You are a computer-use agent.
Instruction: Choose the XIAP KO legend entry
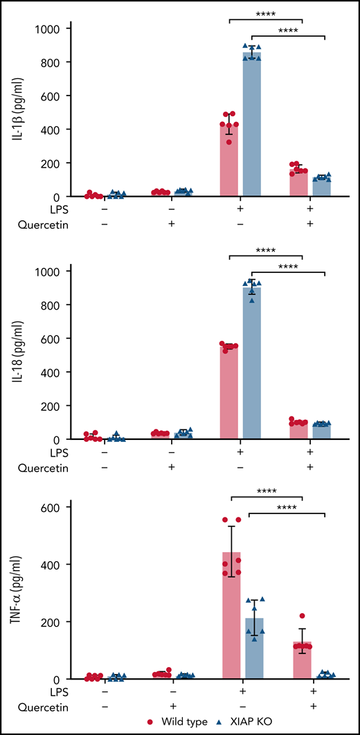[251, 722]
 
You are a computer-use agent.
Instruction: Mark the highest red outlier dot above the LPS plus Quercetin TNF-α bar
[302, 616]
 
